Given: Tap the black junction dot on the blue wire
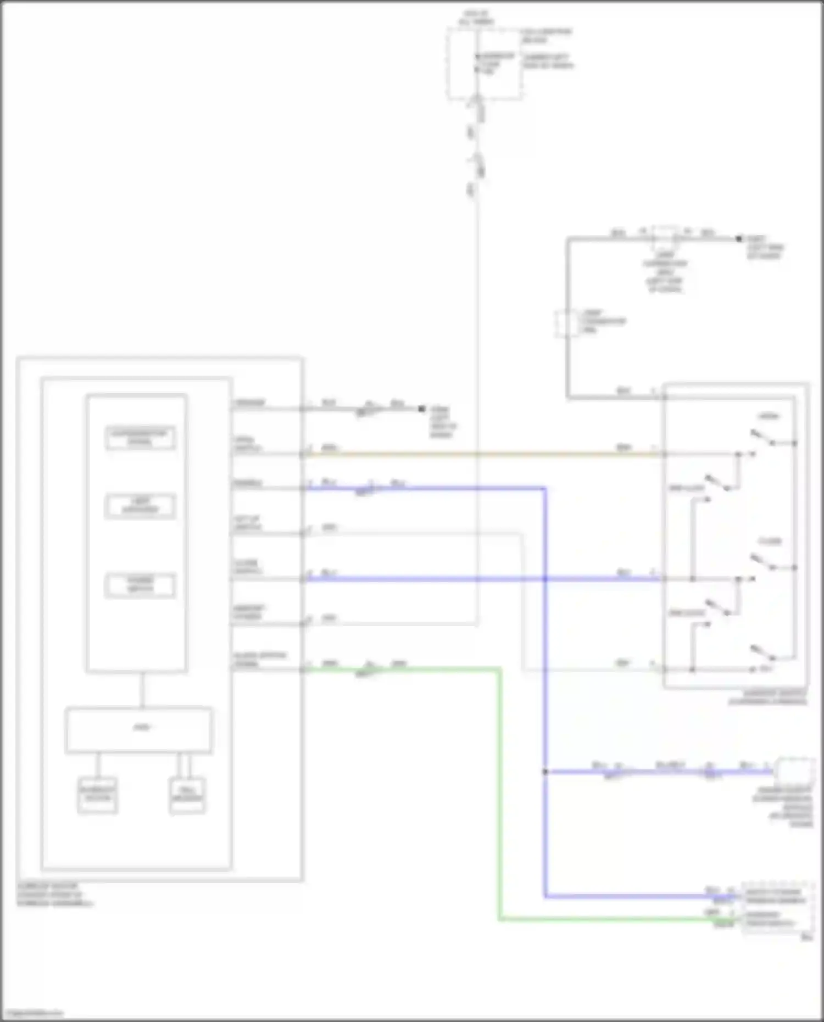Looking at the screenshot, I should (545, 772).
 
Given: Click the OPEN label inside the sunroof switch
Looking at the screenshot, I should (769, 416).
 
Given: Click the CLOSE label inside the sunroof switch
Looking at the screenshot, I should (770, 541).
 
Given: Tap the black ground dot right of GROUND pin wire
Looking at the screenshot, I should (422, 409).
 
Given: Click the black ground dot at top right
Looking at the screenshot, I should (739, 239).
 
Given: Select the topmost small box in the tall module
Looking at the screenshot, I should (141, 438).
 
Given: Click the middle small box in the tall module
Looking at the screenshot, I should (141, 506).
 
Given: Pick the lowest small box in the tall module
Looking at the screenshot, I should (141, 585).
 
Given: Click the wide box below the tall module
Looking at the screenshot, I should (138, 730).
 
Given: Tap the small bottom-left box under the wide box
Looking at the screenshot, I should (97, 795).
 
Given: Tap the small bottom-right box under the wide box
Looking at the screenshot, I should (187, 795).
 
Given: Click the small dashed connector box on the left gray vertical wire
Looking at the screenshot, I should (566, 323).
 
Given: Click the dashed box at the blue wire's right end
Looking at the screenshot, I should (794, 770).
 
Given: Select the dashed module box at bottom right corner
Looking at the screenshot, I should (778, 909).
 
